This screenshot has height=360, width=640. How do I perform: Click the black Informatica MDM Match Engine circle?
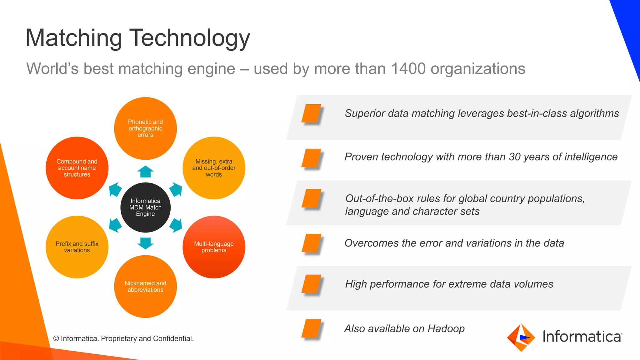[145, 207]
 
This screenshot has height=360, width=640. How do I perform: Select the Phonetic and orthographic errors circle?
[145, 128]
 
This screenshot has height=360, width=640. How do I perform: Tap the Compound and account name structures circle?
[77, 168]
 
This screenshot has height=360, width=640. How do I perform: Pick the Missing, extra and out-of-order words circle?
[214, 168]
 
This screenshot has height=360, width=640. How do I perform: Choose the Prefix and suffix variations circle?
[77, 247]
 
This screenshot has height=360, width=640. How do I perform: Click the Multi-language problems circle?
[214, 247]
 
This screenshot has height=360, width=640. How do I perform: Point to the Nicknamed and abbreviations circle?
[145, 286]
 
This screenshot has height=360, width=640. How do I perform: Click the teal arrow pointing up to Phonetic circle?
[145, 172]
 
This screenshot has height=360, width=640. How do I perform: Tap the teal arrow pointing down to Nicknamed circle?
[145, 243]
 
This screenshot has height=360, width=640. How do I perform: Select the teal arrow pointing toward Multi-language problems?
[176, 225]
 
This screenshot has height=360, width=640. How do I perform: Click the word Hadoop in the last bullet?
[446, 329]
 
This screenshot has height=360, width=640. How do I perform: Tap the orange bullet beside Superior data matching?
[311, 113]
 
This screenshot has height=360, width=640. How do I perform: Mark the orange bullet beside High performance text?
[311, 284]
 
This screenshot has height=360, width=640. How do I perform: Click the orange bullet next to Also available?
[311, 329]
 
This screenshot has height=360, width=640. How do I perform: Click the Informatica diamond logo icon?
[521, 337]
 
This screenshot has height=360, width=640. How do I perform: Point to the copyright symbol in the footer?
[56, 339]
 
